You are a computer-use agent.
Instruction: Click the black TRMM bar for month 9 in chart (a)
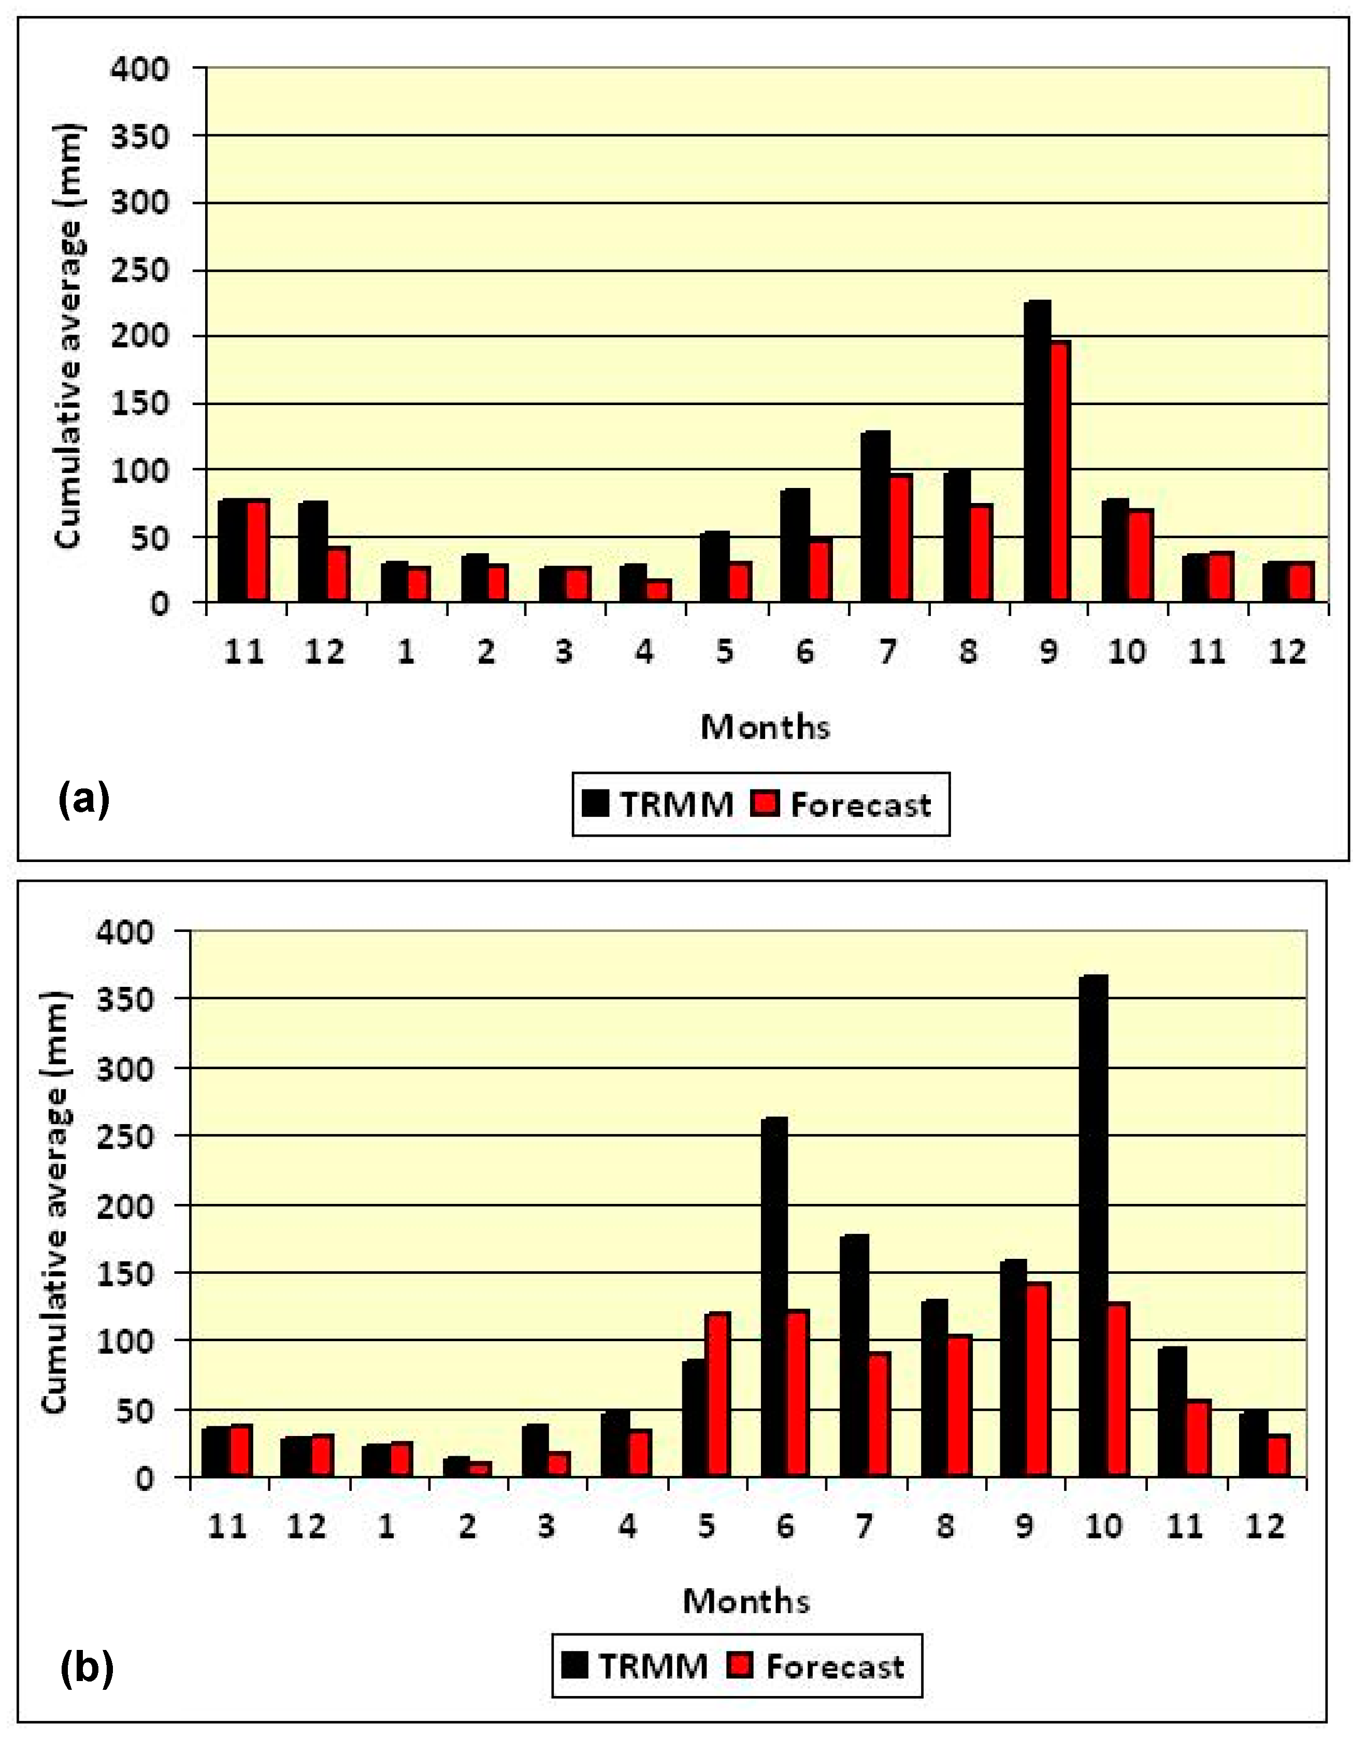pyautogui.click(x=1037, y=452)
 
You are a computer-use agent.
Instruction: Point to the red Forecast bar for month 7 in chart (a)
pyautogui.click(x=900, y=538)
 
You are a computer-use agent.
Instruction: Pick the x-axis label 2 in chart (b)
pyautogui.click(x=467, y=1527)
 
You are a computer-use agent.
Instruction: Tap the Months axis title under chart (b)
pyautogui.click(x=746, y=1601)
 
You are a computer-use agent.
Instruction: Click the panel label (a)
pyautogui.click(x=83, y=799)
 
